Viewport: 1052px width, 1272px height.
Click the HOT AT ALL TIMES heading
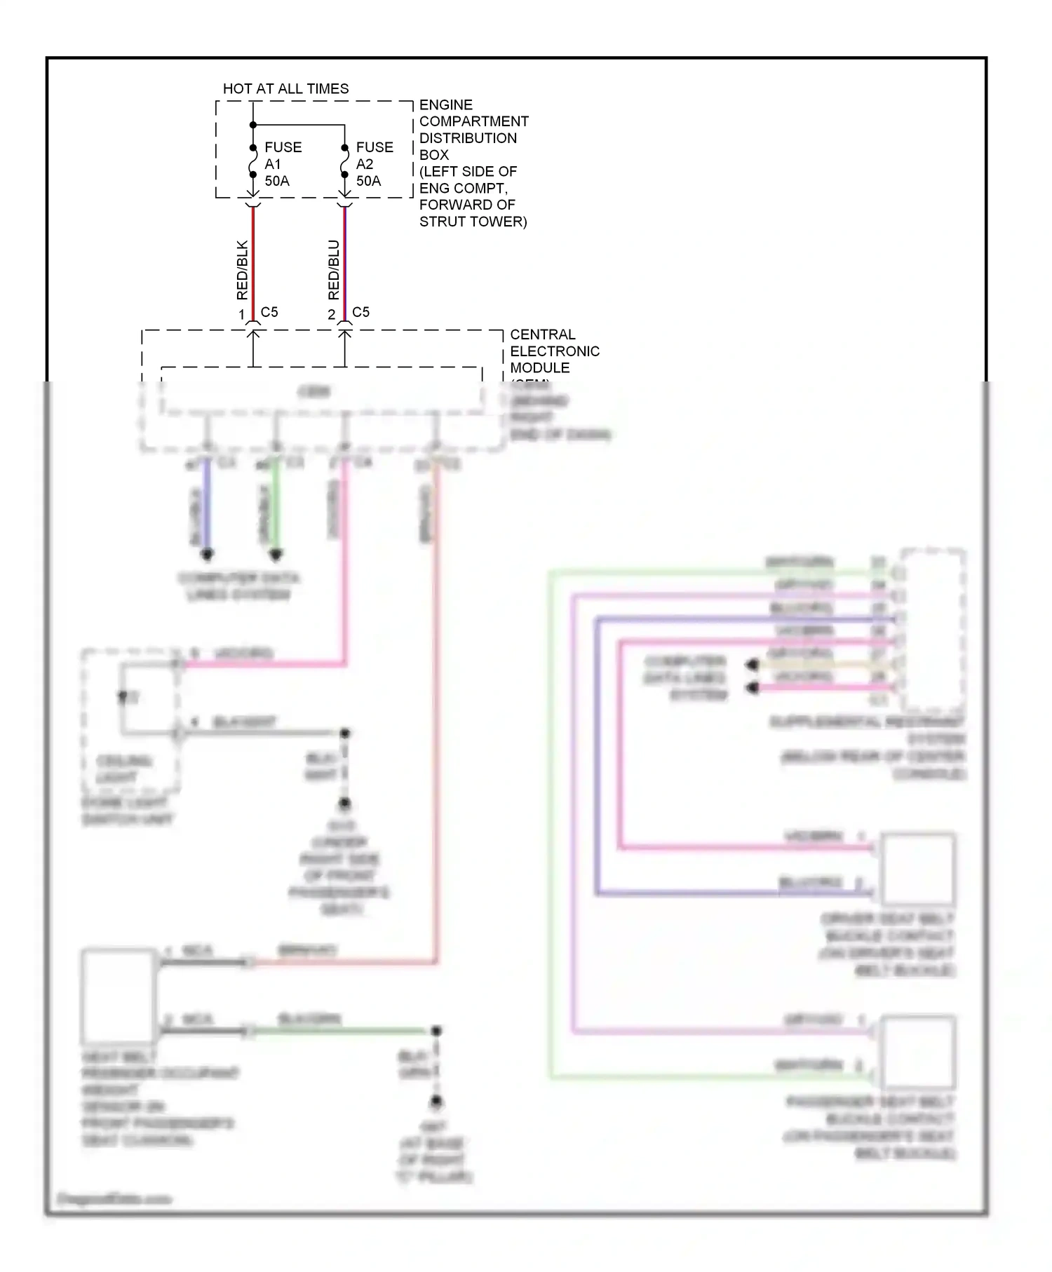coord(285,89)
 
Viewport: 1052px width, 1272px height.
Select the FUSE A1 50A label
coord(283,164)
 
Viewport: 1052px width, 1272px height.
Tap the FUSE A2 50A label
coord(375,164)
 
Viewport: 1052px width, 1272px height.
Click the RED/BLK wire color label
coord(242,270)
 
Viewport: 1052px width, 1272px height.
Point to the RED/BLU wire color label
coord(334,270)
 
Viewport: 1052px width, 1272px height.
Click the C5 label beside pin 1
coord(269,312)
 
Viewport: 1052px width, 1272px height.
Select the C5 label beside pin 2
coord(360,312)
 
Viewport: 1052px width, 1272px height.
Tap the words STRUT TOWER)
coord(473,222)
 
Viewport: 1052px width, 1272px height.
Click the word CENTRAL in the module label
coord(542,334)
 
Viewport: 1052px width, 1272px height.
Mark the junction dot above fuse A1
coord(253,126)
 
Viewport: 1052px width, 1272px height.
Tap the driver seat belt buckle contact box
coord(918,868)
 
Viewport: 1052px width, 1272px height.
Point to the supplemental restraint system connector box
coord(933,630)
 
